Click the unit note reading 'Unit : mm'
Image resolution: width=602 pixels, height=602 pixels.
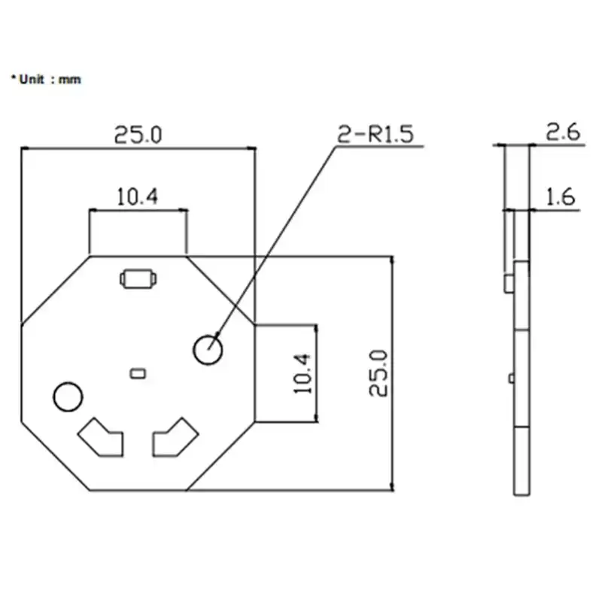[46, 79]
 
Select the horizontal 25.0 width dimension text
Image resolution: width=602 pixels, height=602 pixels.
[138, 135]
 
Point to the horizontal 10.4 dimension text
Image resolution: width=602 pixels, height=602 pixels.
[138, 197]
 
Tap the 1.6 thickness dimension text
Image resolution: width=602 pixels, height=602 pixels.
[561, 197]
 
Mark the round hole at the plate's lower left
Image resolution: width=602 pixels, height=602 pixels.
[67, 397]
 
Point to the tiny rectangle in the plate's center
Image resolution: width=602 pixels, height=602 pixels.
[137, 372]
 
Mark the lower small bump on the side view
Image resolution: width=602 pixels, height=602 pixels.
[511, 376]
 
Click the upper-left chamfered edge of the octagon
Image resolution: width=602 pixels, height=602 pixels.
[56, 290]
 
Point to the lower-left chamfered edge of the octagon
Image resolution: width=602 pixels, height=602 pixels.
[56, 456]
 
